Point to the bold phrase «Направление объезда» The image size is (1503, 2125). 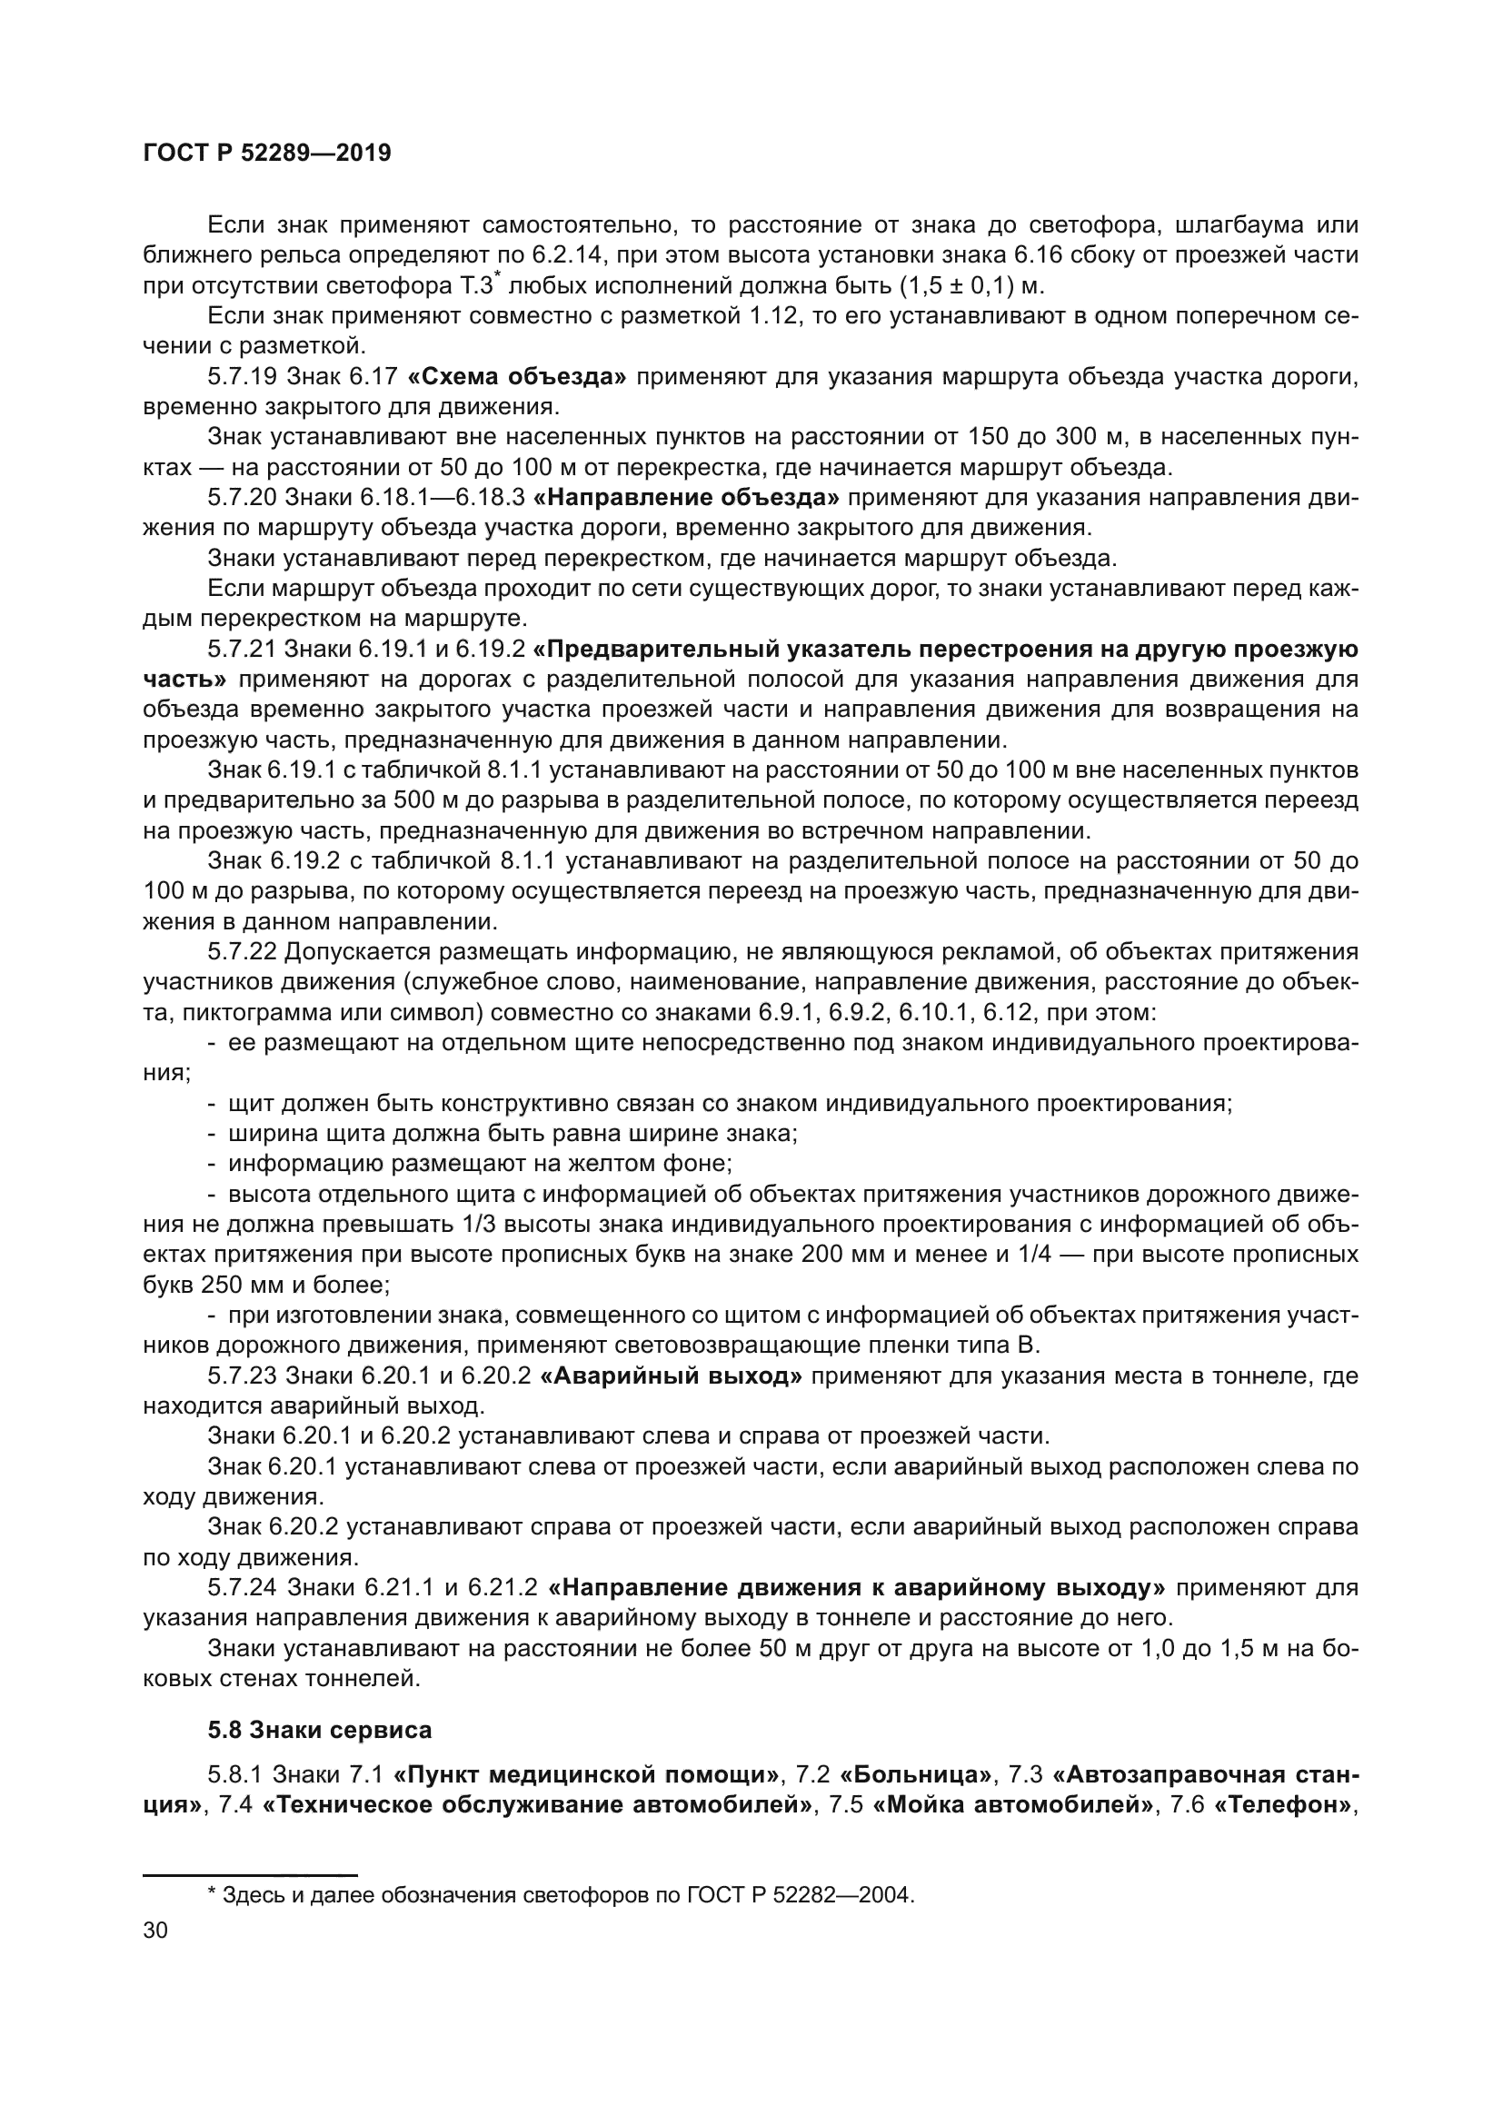[687, 498]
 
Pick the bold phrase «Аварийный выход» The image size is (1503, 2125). [670, 1375]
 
